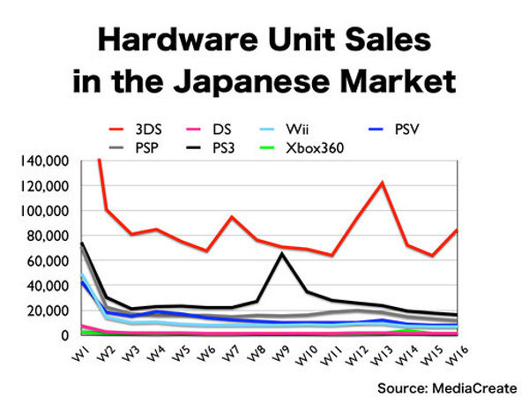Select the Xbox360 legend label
(x=315, y=148)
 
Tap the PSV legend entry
(x=394, y=130)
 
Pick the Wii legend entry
(x=284, y=130)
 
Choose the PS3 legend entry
(x=210, y=148)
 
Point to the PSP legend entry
(x=134, y=148)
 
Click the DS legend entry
(x=208, y=130)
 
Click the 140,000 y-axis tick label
(x=45, y=161)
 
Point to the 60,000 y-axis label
(x=48, y=261)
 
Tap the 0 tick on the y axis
(x=64, y=335)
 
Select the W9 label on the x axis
(x=280, y=354)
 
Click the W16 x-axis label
(x=457, y=356)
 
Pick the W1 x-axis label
(x=80, y=354)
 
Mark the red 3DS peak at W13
(x=382, y=183)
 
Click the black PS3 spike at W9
(x=282, y=254)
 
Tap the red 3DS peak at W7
(x=232, y=217)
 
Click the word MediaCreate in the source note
(x=474, y=388)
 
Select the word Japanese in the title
(x=251, y=82)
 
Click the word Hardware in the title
(x=178, y=40)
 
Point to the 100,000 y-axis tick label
(x=45, y=211)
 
